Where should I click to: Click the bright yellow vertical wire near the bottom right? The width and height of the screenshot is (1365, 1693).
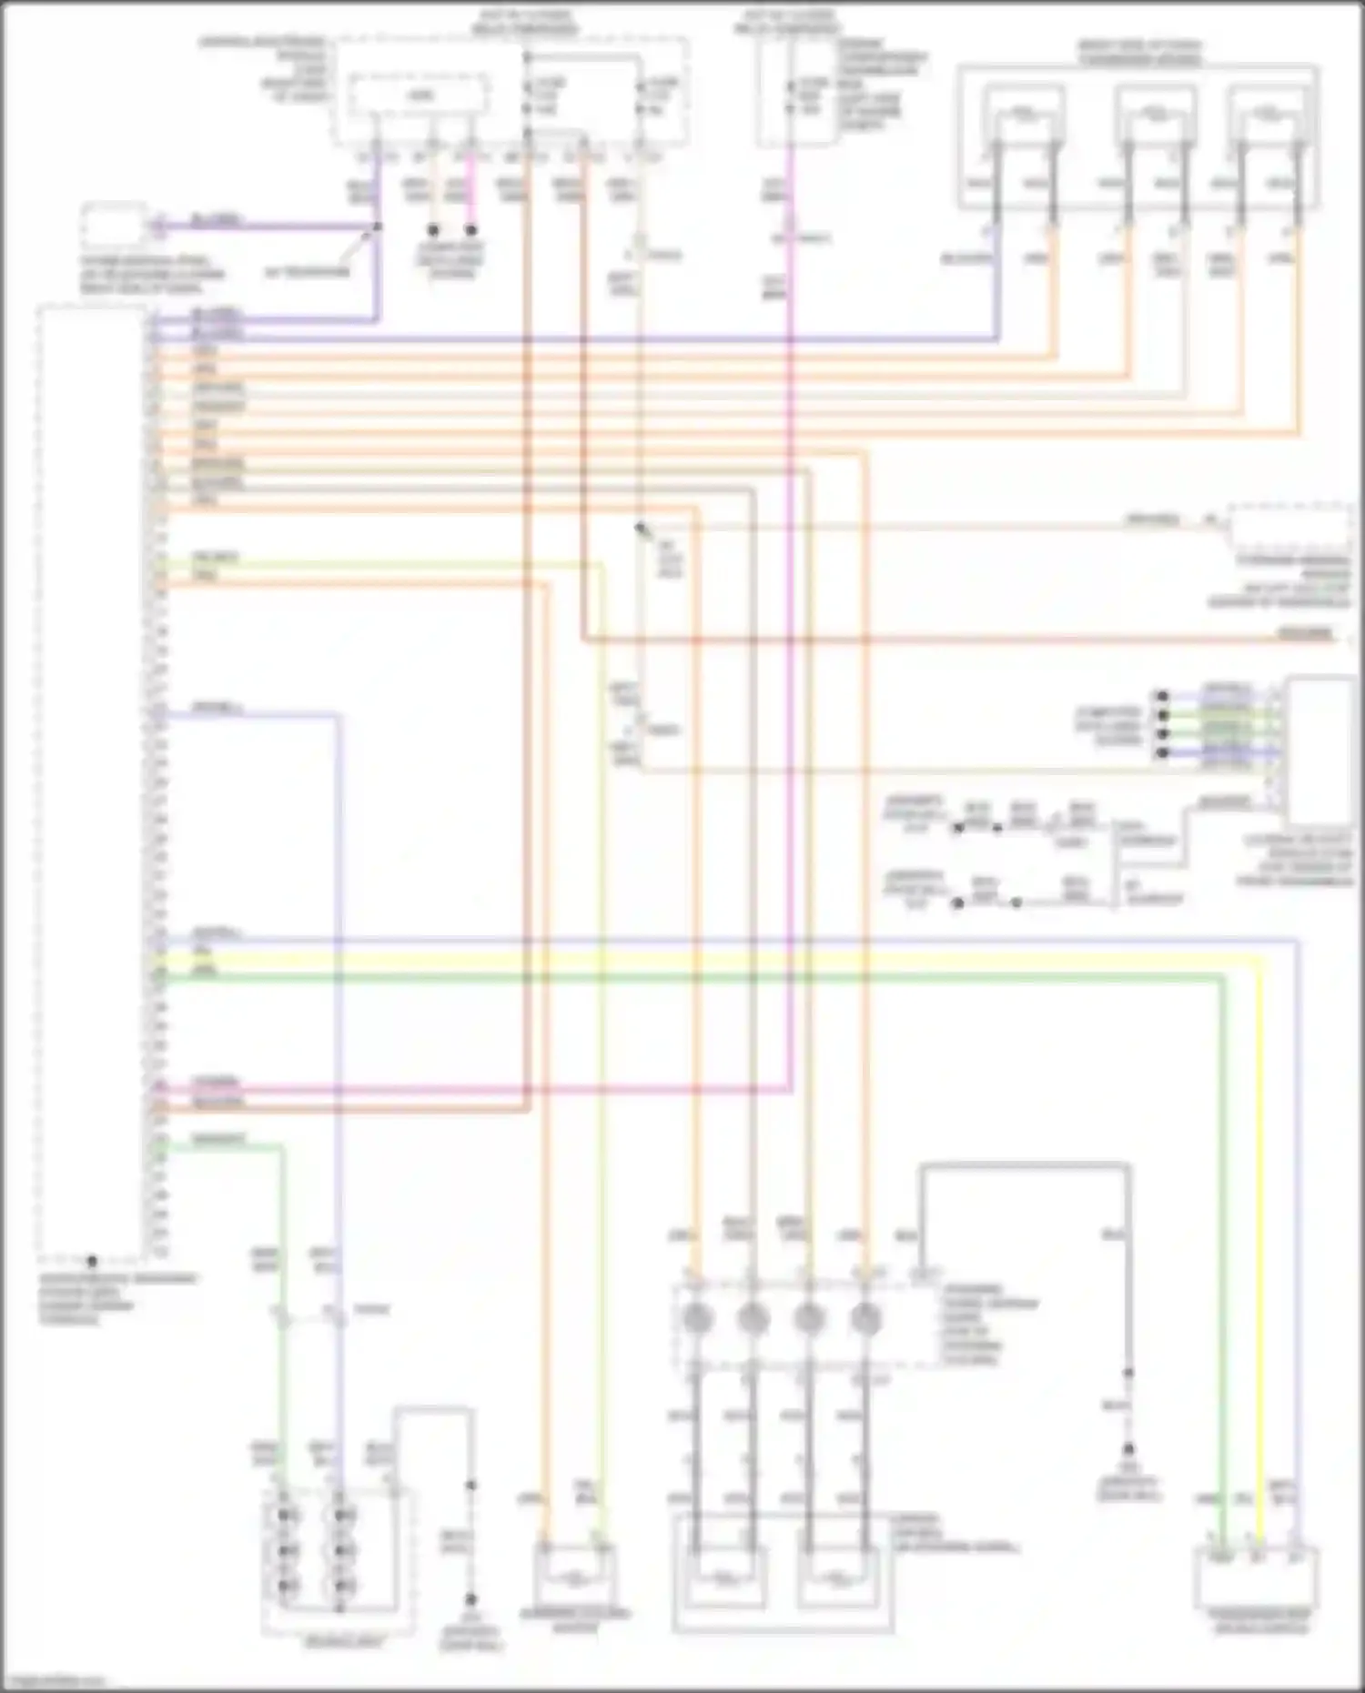tap(1260, 1274)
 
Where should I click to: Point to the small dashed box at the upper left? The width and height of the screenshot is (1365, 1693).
tap(113, 226)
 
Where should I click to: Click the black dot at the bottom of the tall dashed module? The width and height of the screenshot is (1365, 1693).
tap(91, 1261)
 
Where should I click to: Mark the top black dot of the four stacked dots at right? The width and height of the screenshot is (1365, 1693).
tap(1162, 697)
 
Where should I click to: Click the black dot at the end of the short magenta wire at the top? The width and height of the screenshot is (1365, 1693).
tap(471, 230)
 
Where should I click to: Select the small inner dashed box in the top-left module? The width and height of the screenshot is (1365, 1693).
tap(419, 95)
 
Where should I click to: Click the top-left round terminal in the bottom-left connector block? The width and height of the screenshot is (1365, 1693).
tap(287, 1515)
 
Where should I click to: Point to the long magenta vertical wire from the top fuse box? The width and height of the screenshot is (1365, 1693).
tap(790, 637)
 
